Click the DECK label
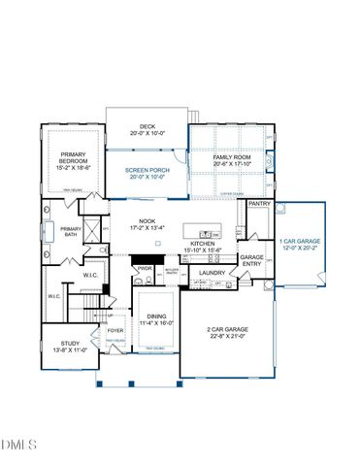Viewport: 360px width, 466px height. tap(147, 125)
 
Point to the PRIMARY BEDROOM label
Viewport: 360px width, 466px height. tap(74, 158)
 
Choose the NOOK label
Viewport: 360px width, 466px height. tap(147, 221)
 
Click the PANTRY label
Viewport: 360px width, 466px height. tap(258, 205)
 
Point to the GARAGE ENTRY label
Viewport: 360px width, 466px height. tap(252, 260)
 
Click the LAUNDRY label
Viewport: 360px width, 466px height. tap(213, 273)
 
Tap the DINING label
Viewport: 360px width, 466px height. tap(155, 316)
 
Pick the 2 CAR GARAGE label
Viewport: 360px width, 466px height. tap(227, 331)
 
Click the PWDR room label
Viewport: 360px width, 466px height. tap(145, 269)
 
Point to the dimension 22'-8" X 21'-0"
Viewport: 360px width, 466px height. tap(227, 339)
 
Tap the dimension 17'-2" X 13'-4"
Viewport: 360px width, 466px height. tap(147, 229)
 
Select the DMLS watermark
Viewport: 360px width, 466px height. tap(19, 444)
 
